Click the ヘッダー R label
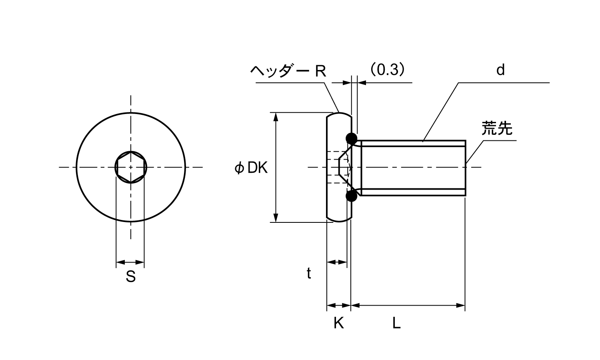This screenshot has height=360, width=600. (288, 71)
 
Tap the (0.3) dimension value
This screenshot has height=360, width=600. (387, 70)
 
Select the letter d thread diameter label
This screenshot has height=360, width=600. (500, 70)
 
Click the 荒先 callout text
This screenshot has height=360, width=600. (497, 128)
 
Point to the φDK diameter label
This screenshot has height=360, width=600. (251, 168)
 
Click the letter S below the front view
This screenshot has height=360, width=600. (130, 276)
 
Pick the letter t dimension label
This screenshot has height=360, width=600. (309, 274)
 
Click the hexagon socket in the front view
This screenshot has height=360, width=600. (131, 167)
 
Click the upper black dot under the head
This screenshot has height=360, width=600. (352, 138)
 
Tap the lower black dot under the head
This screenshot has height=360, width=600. (352, 196)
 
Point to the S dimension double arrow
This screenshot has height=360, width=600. (130, 262)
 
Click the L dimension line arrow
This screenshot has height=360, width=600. (408, 306)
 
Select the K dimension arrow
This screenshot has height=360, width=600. (339, 306)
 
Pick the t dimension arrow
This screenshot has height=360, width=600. (337, 262)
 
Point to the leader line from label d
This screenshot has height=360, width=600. (440, 112)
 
